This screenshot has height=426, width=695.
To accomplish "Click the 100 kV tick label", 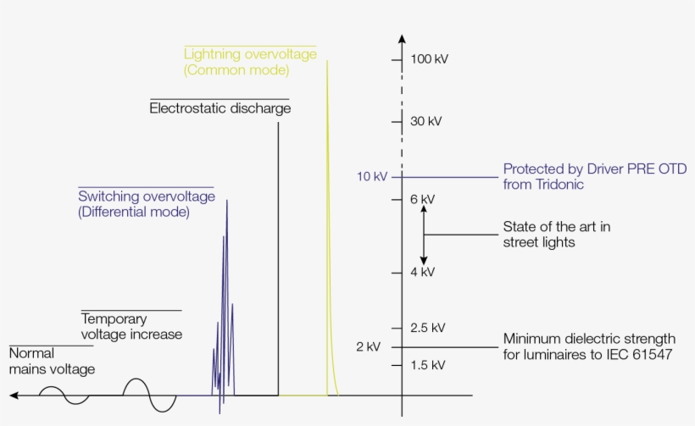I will (x=429, y=59).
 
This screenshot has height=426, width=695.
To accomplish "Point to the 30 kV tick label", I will (x=426, y=121).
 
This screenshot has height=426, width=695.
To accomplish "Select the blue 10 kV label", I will (x=372, y=177).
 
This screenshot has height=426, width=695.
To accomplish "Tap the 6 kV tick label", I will (x=422, y=199).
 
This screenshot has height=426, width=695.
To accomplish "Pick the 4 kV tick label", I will (x=422, y=272).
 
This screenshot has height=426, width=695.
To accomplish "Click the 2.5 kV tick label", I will (x=427, y=328).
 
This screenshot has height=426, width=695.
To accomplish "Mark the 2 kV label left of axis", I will (x=368, y=347).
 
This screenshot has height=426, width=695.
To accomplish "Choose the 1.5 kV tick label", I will (x=427, y=365).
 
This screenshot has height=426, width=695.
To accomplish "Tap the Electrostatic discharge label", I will (x=220, y=108).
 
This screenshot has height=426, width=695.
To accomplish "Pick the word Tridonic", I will (x=556, y=185).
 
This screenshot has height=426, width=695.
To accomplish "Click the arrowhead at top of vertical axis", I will (x=402, y=38).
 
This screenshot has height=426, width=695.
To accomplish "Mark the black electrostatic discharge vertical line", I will (x=279, y=254).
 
